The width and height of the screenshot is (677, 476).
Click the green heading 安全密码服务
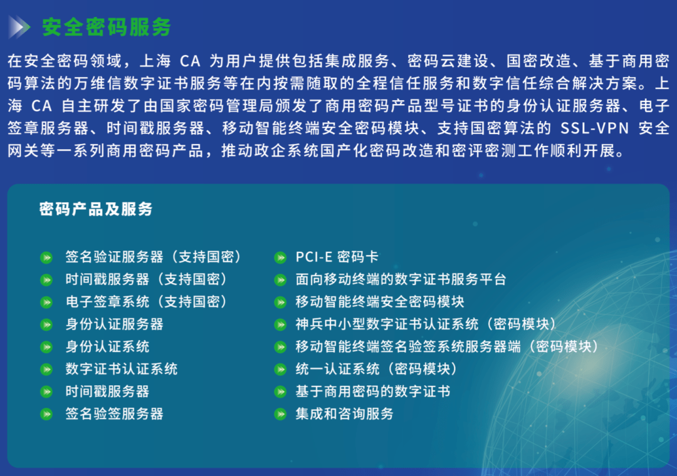(x=106, y=27)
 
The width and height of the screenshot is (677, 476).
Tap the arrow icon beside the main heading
(x=19, y=27)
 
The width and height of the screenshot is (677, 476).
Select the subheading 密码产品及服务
(x=96, y=209)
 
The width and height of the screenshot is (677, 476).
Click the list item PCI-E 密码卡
(x=337, y=257)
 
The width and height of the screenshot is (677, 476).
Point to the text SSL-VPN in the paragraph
(x=594, y=128)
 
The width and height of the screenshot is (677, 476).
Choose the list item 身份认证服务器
(x=115, y=324)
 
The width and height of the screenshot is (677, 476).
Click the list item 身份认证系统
(x=108, y=346)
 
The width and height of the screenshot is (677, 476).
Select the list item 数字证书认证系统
(x=122, y=369)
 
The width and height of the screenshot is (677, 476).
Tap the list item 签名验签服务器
(x=115, y=414)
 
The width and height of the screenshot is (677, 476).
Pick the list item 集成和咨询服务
(x=345, y=414)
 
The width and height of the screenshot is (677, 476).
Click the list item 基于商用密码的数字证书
(x=373, y=391)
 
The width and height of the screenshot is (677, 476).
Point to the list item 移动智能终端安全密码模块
(x=380, y=302)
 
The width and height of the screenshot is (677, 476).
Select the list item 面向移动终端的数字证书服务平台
(x=401, y=279)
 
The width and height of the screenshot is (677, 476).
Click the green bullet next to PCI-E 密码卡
(x=280, y=257)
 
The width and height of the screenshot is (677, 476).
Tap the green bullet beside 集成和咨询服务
(x=280, y=415)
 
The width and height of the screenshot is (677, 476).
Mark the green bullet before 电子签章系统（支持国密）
(x=46, y=303)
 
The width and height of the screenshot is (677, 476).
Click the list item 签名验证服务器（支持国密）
(x=154, y=257)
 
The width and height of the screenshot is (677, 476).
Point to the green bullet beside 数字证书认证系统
(x=46, y=370)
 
